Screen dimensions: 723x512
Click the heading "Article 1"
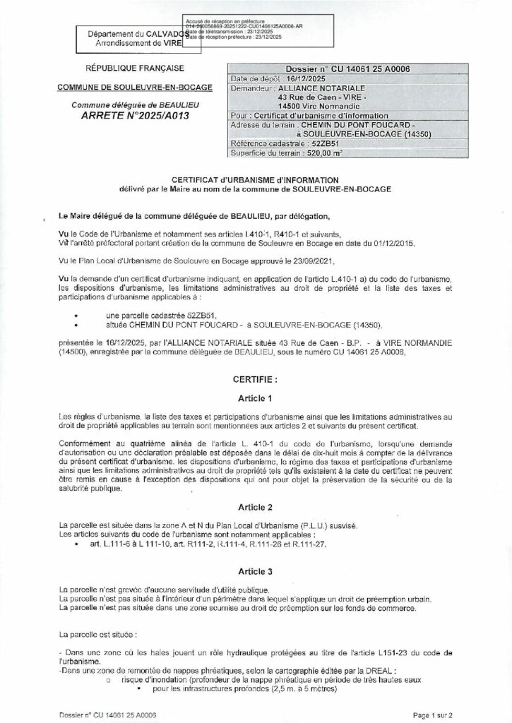tap(256, 398)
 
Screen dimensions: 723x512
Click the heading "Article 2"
tap(256, 507)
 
